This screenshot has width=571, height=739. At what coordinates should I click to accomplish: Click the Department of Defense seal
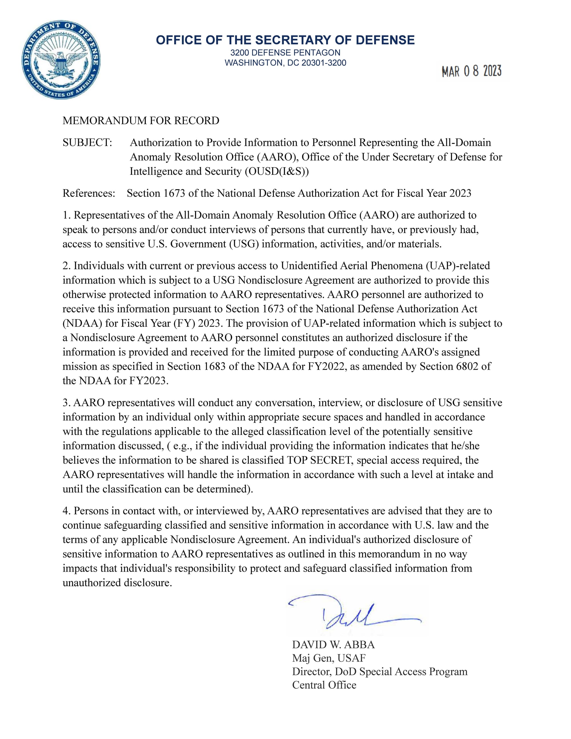click(x=61, y=60)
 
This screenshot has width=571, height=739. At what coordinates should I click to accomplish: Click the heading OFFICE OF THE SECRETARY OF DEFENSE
click(x=285, y=40)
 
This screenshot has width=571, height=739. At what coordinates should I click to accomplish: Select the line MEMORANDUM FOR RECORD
click(x=141, y=121)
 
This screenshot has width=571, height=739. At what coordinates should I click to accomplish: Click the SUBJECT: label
click(x=87, y=142)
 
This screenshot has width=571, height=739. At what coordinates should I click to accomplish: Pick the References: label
click(x=89, y=193)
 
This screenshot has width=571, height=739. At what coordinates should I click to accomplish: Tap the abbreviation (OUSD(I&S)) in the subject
click(x=277, y=172)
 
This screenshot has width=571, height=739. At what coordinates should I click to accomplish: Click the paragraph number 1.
click(x=66, y=215)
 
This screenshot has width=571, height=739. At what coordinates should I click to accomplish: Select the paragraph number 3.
click(x=66, y=403)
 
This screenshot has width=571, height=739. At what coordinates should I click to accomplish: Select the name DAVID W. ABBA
click(x=333, y=644)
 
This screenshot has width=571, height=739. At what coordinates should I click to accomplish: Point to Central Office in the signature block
click(x=324, y=685)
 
